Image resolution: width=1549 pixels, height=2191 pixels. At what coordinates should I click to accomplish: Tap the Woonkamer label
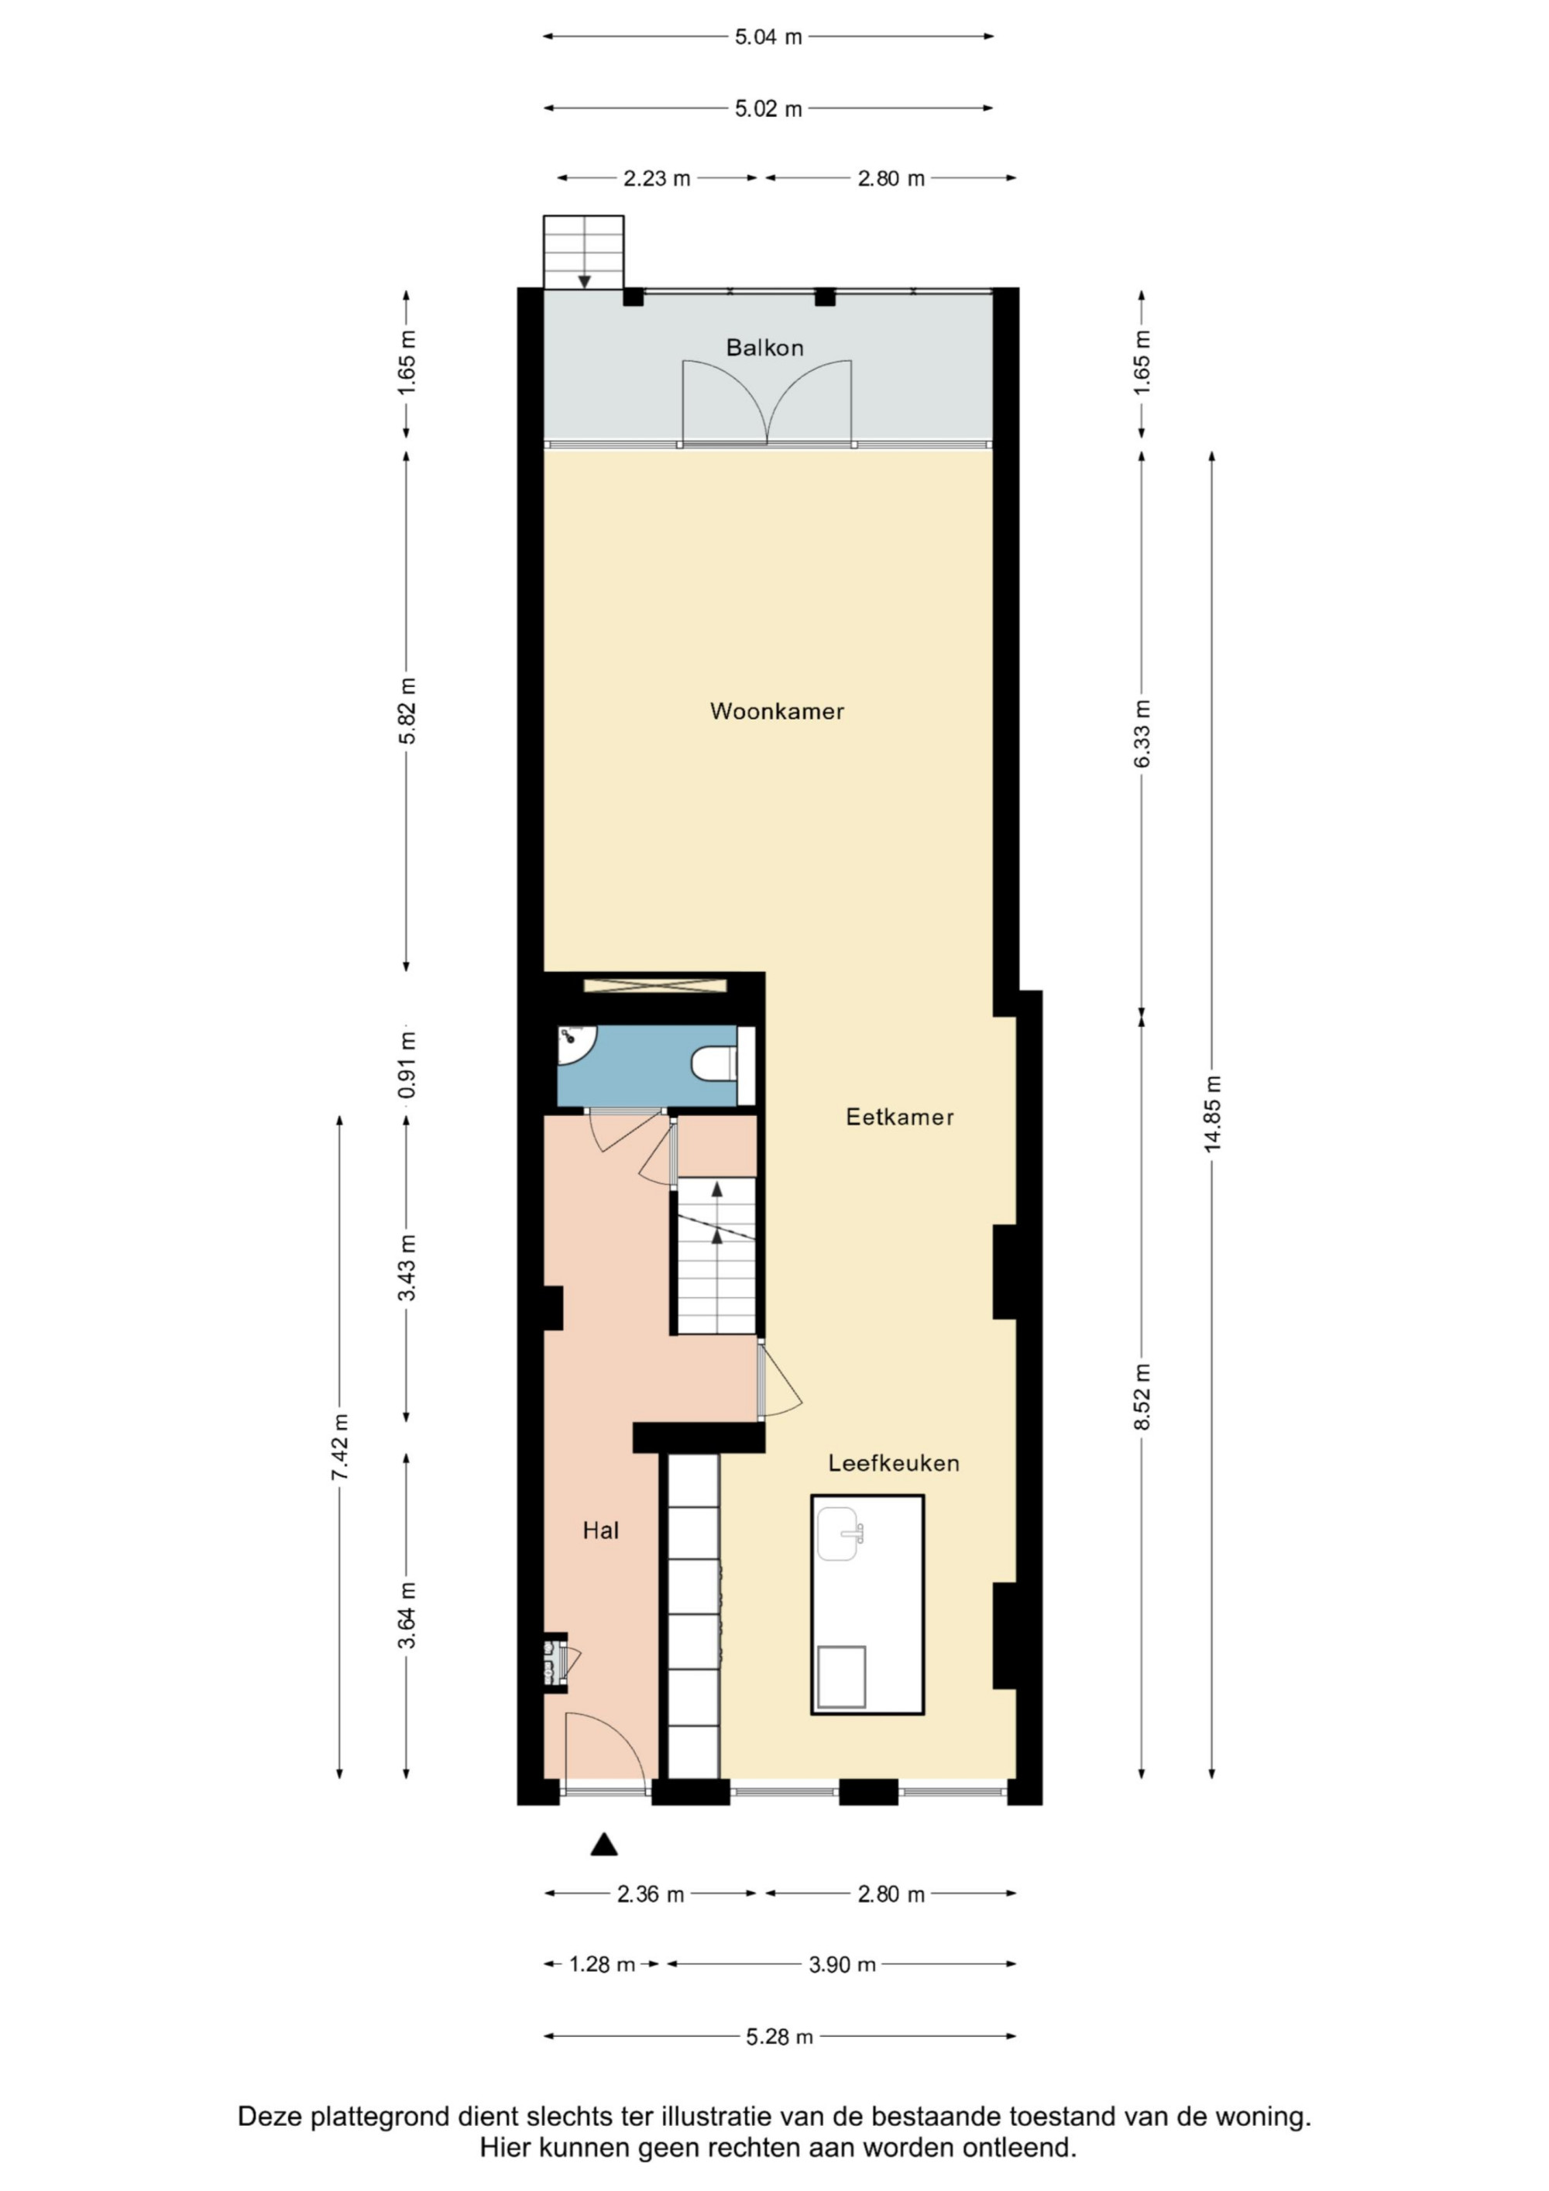(x=777, y=711)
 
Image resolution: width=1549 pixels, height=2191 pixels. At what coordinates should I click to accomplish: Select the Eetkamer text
(x=899, y=1117)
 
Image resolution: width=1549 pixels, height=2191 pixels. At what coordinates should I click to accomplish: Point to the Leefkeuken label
(x=893, y=1463)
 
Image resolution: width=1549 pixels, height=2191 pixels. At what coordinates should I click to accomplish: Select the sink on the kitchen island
(x=839, y=1533)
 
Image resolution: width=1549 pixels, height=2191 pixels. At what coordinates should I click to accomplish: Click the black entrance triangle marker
(x=603, y=1845)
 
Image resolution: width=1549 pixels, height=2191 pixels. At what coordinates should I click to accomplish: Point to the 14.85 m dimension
(x=1212, y=1114)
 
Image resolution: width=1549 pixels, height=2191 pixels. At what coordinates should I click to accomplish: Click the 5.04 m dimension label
(x=768, y=37)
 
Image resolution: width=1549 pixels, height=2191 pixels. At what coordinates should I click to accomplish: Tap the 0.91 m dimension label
(x=407, y=1064)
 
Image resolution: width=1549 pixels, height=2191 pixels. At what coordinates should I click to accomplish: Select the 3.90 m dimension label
(x=841, y=1964)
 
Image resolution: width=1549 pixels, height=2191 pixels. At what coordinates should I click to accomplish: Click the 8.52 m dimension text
(x=1142, y=1396)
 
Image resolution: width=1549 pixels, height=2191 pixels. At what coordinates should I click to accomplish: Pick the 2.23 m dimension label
(x=657, y=178)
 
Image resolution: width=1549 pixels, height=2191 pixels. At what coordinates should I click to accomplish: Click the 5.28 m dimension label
(x=779, y=2038)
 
